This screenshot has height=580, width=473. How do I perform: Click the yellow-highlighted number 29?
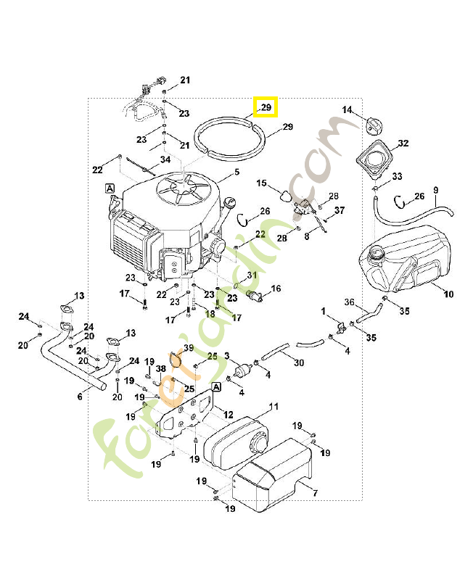266,107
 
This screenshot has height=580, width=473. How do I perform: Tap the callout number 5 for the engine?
236,173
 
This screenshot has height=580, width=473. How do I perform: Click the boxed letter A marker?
110,188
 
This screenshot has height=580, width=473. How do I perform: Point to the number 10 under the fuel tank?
448,294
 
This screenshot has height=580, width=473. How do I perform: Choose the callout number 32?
403,143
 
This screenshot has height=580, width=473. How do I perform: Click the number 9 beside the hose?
435,191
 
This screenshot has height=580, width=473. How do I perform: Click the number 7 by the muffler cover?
314,494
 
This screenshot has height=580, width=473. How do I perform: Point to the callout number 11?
273,406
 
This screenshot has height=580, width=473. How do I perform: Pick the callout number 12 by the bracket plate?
228,415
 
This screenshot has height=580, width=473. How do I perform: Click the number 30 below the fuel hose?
298,362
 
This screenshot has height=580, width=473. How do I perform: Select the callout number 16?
276,289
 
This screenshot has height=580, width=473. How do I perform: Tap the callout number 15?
262,183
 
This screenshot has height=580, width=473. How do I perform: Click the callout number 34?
165,159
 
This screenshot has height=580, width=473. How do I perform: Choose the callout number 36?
348,302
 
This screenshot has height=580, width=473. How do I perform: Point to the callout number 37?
339,210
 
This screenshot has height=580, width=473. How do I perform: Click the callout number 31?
252,275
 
